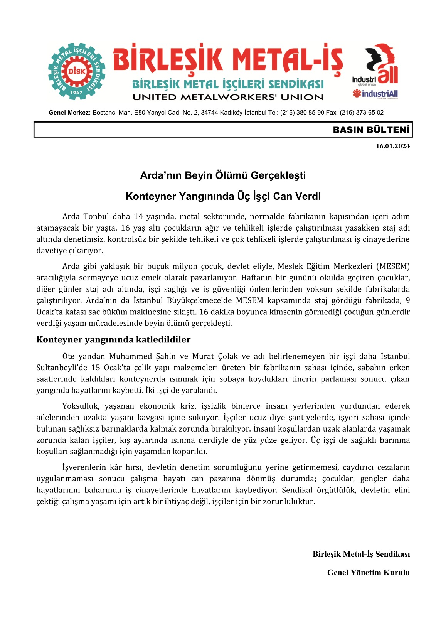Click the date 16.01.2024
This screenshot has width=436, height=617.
point(392,146)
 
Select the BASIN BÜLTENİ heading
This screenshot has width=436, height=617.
point(371,130)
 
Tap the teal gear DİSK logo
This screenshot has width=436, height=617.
point(77,72)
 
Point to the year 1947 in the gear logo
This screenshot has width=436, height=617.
point(76,93)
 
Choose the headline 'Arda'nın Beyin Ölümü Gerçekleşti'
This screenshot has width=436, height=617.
point(223,175)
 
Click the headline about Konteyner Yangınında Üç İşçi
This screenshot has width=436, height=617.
point(223,196)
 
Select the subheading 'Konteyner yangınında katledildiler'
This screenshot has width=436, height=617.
point(113,339)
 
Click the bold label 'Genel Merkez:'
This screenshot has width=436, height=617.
point(69,113)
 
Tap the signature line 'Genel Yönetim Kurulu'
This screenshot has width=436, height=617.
point(368,573)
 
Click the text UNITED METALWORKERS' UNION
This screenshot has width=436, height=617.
point(227,97)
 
